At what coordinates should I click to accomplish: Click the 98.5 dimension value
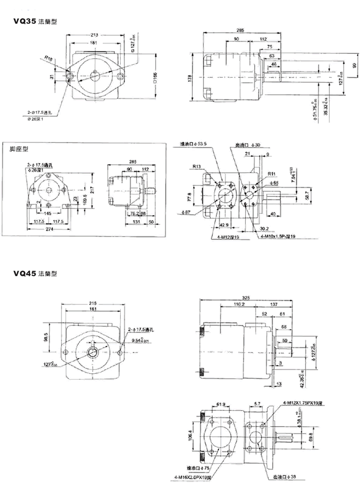[47, 337]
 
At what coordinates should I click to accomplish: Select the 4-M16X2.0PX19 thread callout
[196, 479]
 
